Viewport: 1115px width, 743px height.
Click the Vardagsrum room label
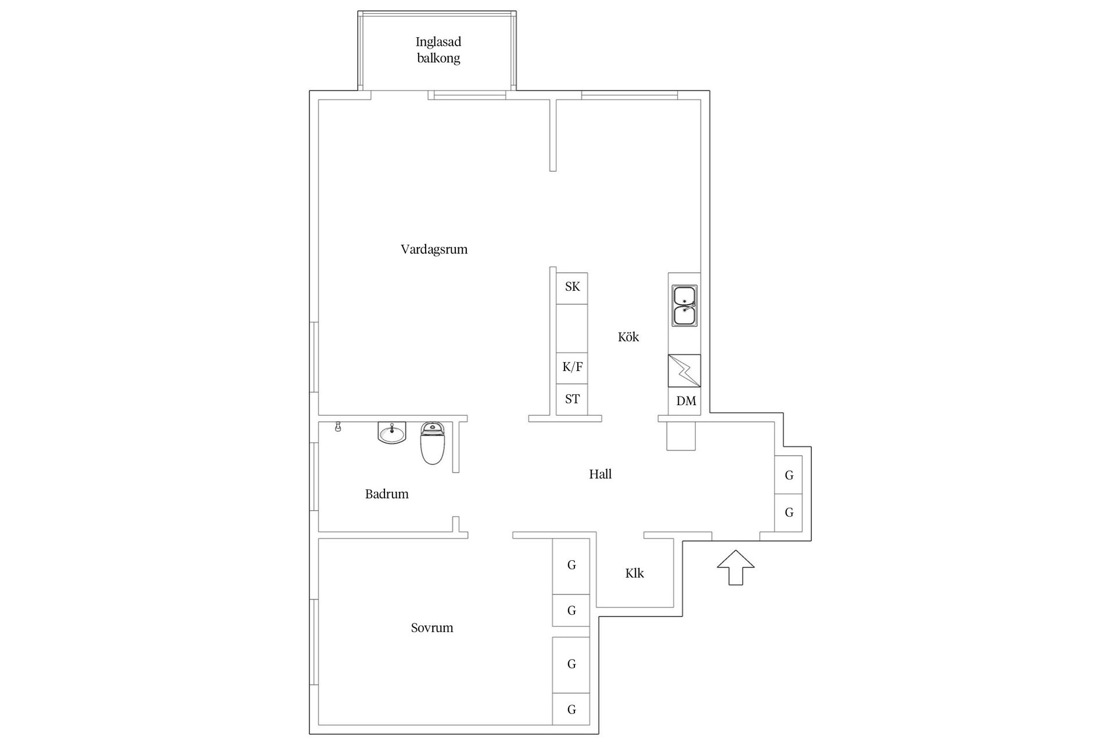click(434, 250)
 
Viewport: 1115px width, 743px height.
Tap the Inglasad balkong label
click(438, 50)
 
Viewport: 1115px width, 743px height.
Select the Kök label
click(628, 337)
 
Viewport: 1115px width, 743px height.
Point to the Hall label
click(600, 474)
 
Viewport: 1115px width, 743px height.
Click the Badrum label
click(387, 494)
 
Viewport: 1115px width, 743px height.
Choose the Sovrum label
click(432, 627)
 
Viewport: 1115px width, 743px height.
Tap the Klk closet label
click(635, 574)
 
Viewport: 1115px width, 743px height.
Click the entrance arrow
click(736, 567)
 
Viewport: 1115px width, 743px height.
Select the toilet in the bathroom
click(432, 443)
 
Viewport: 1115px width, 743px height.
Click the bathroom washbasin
click(392, 432)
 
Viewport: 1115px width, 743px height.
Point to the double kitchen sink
click(685, 305)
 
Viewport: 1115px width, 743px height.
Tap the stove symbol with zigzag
click(685, 370)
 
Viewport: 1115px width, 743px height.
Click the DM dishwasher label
click(686, 401)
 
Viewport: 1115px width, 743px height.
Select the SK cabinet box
click(572, 288)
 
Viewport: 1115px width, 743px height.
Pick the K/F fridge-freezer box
click(572, 368)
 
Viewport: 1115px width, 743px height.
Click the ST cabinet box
click(572, 399)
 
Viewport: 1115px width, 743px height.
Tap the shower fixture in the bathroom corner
click(338, 427)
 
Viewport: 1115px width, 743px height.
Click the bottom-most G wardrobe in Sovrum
click(571, 709)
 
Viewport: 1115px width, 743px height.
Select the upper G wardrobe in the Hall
click(789, 475)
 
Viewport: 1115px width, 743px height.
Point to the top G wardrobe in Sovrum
click(571, 566)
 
